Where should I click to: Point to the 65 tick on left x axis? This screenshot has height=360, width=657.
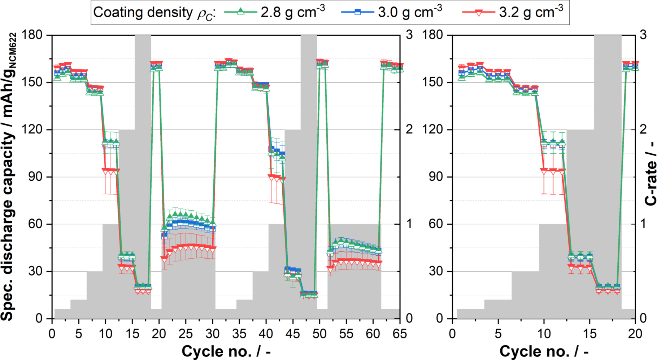[400, 334]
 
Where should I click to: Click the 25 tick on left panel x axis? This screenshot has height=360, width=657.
[186, 334]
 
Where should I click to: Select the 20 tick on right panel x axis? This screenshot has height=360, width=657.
[635, 334]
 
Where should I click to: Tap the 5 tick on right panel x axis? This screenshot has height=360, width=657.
[498, 334]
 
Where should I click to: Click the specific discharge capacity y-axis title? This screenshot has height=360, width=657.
[8, 177]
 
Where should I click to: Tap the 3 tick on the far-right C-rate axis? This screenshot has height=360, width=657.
[643, 35]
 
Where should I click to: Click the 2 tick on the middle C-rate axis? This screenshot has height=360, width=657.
[409, 129]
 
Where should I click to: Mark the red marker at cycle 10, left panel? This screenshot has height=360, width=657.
[105, 170]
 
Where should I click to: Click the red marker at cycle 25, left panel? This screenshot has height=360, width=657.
[186, 247]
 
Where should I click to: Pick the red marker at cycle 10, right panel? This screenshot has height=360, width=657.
[544, 170]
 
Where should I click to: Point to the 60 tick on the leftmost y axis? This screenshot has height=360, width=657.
[35, 224]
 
